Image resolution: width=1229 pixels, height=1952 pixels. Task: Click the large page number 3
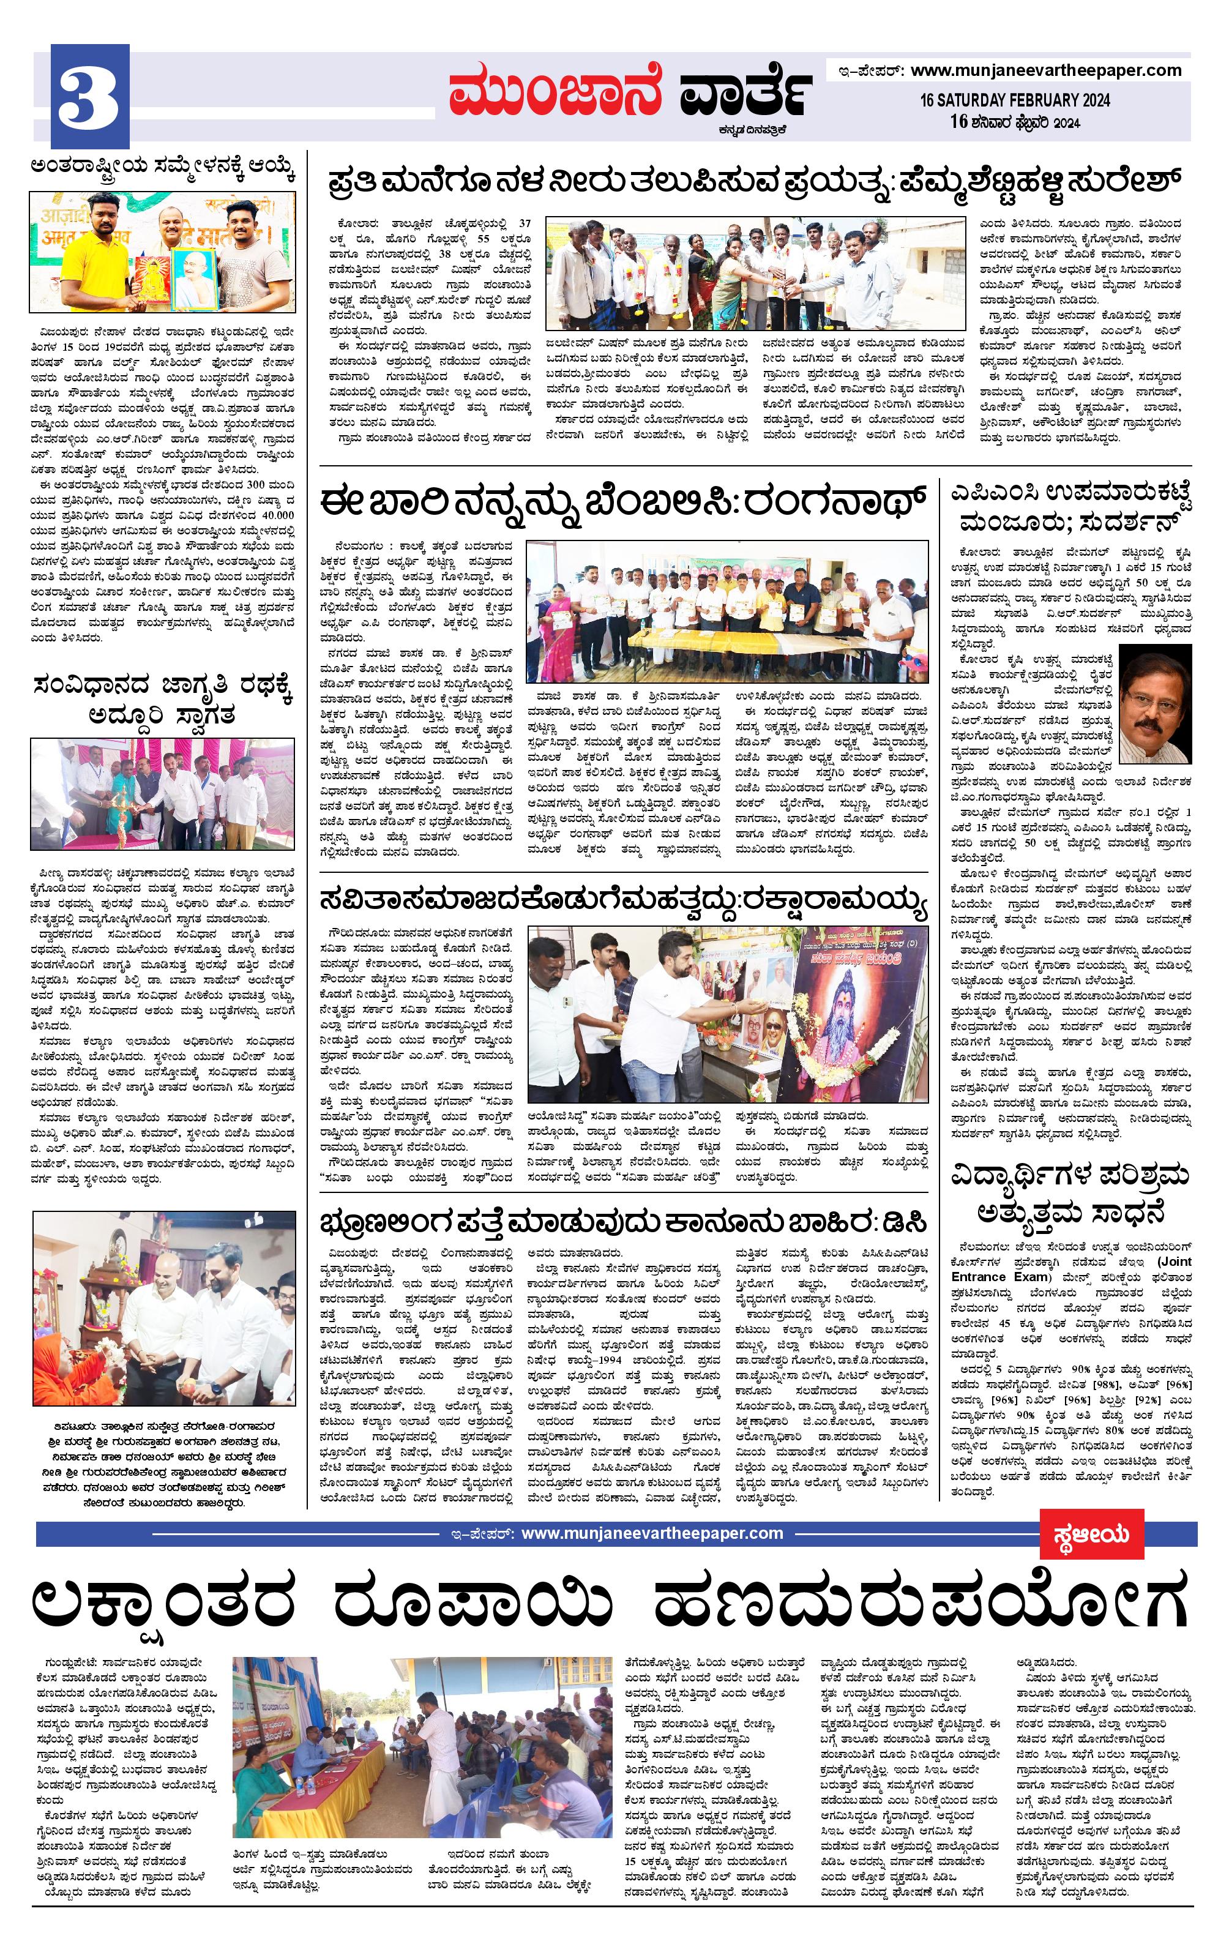click(x=89, y=97)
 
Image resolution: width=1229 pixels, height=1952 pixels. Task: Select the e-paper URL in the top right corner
click(x=1046, y=70)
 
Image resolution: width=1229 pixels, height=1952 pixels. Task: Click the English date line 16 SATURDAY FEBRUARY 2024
click(x=1015, y=100)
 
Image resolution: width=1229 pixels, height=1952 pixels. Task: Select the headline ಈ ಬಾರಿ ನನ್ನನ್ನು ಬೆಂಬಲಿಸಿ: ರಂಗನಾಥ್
click(x=622, y=503)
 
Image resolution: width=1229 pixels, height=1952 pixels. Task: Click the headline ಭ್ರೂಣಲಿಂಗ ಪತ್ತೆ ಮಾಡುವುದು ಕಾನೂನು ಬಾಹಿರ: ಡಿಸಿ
click(x=622, y=1224)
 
